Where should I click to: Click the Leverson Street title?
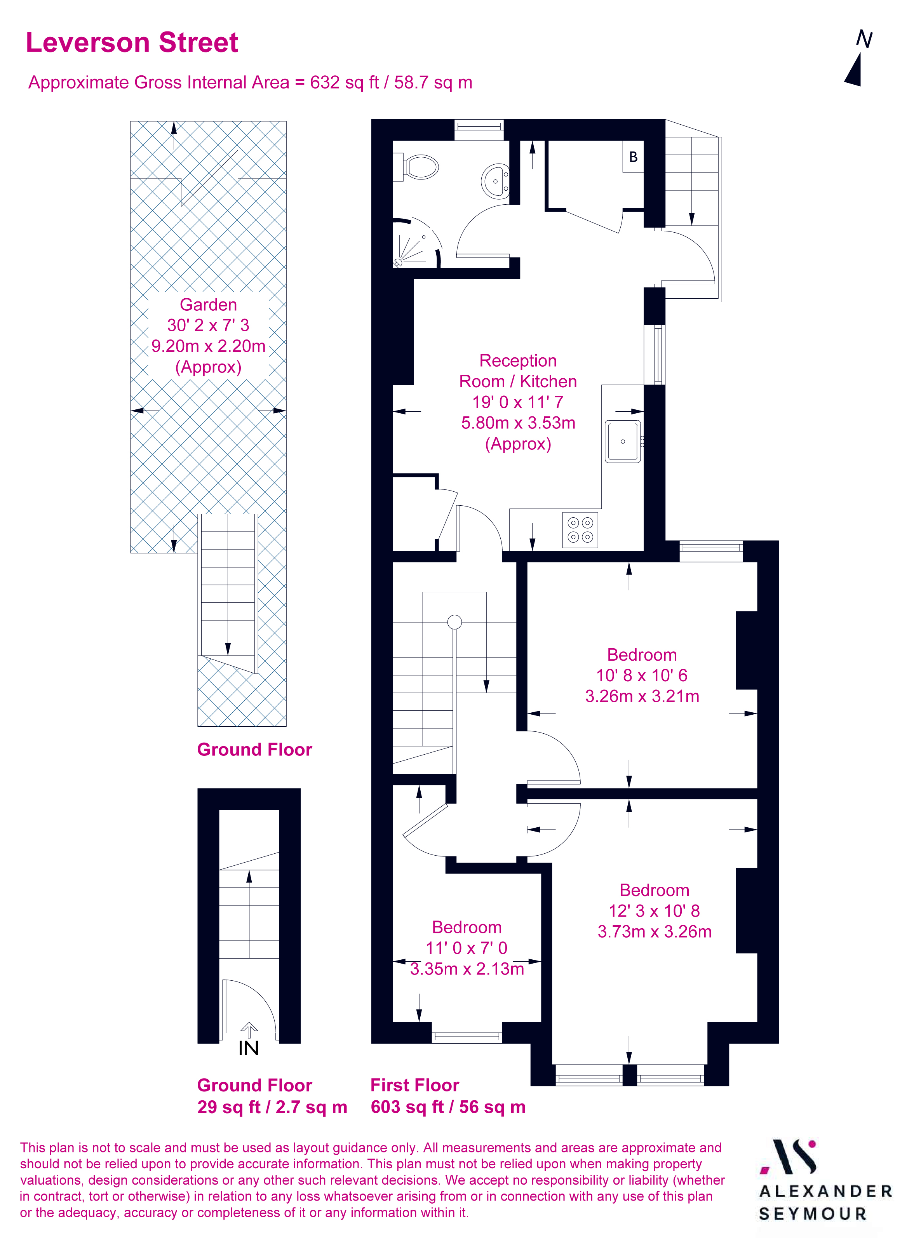(132, 43)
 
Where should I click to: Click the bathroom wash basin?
(495, 181)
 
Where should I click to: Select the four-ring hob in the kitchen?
(580, 530)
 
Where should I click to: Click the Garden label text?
(208, 305)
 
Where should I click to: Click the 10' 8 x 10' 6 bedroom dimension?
(642, 675)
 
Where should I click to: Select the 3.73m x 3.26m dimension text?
(655, 931)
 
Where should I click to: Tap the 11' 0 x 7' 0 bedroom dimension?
(467, 948)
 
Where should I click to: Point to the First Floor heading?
(414, 1085)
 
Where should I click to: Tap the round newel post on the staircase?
(454, 622)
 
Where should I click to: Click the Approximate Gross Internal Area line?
(250, 82)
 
